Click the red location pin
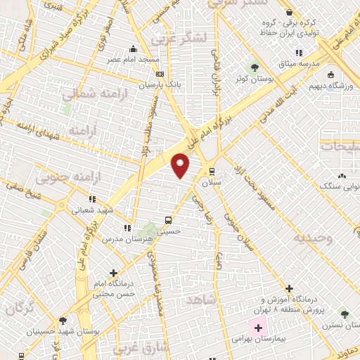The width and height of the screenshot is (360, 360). coord(181,165)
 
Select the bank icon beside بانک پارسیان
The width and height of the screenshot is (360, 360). coord(160,74)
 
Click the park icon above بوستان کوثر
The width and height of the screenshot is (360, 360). coord(255,67)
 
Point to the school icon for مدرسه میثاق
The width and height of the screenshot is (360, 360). coord(299,53)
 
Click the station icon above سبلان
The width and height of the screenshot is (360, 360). coord(212,171)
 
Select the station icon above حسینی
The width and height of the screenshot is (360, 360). coord(167,219)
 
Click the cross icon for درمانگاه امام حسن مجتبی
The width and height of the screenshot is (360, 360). coord(114,273)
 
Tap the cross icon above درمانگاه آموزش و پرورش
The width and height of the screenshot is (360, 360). coord(289,288)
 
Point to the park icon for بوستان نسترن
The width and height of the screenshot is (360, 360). coord(344,314)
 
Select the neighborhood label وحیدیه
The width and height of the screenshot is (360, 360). coord(314,238)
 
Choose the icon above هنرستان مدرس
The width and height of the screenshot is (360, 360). coord(127,228)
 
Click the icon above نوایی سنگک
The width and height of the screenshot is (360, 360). coord(342,176)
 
